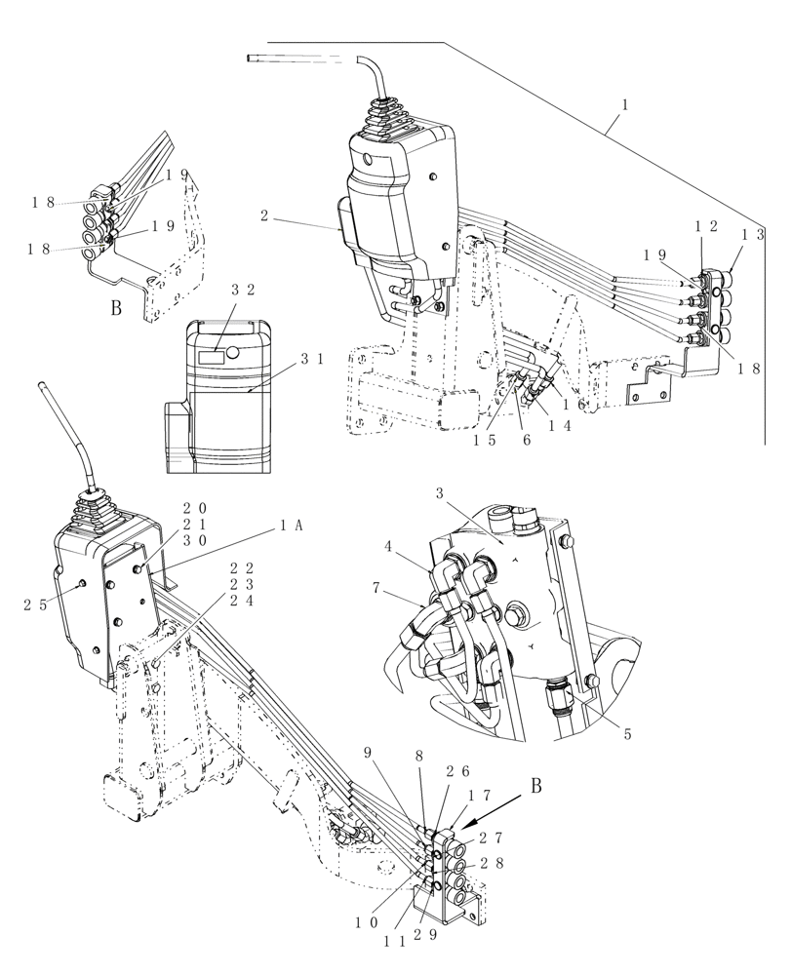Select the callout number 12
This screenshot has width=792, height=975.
tap(706, 226)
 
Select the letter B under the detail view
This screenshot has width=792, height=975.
tap(116, 310)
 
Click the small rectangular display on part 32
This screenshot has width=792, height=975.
tap(211, 358)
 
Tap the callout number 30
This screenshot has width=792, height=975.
tap(195, 541)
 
